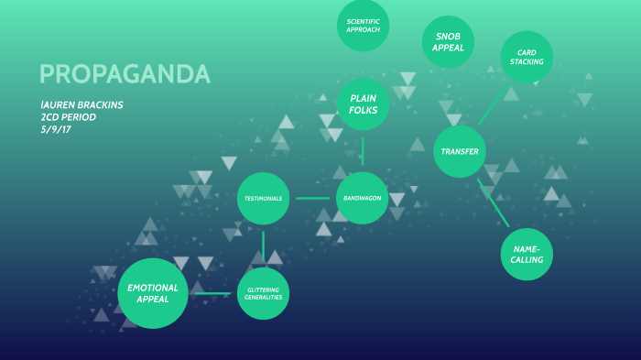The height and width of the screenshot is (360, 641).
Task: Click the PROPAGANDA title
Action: point(125,74)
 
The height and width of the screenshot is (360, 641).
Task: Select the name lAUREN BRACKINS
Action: point(81,104)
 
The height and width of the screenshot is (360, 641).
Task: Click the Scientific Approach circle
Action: point(364,26)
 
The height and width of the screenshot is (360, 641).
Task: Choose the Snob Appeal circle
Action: point(448,41)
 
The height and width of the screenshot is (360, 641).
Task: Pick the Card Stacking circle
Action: point(527,57)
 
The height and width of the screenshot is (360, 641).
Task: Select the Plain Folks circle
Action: point(364,104)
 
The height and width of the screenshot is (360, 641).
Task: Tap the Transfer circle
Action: point(460,151)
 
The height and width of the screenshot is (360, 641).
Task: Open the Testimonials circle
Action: point(264,198)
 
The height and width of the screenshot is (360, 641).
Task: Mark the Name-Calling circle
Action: point(527,254)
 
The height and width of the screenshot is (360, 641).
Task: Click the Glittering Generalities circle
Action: point(264,293)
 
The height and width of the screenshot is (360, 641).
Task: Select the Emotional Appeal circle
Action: point(153,293)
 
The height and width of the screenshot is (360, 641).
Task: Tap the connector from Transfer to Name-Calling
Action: point(494,202)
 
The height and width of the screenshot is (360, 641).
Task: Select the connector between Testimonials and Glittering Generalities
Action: point(264,245)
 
